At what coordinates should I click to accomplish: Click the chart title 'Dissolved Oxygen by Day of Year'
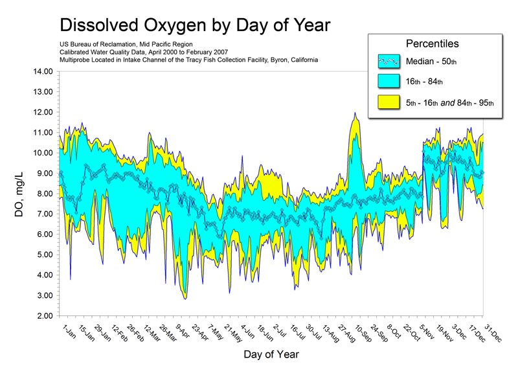coord(194,25)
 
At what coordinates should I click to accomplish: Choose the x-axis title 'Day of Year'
coord(271,355)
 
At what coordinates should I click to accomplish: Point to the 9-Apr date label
coord(181,333)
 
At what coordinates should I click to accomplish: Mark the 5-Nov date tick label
coord(427,333)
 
